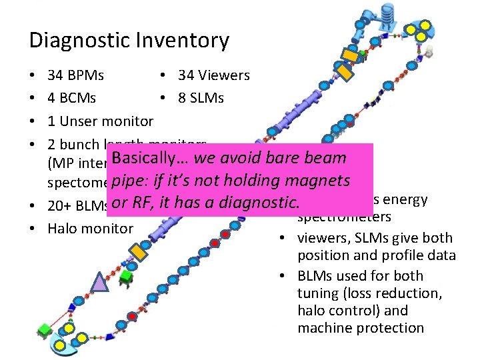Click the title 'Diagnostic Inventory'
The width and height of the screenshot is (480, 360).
(x=129, y=41)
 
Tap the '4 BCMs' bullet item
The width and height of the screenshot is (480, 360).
(x=72, y=99)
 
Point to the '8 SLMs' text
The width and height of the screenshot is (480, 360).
(x=201, y=99)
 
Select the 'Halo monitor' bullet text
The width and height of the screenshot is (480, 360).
(x=91, y=229)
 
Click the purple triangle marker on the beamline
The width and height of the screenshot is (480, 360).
(x=99, y=283)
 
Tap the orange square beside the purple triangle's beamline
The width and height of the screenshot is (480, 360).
(x=138, y=251)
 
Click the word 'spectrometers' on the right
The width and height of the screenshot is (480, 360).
(x=344, y=217)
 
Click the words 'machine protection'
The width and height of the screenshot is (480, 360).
(x=361, y=328)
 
